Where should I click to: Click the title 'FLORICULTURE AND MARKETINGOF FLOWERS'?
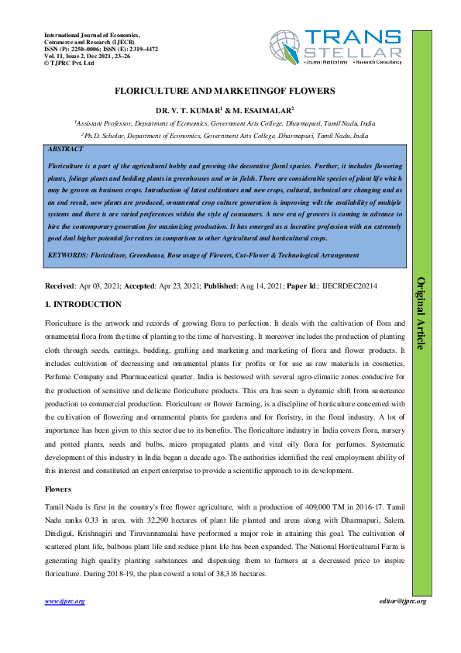click(x=225, y=91)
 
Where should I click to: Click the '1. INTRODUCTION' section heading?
click(x=83, y=305)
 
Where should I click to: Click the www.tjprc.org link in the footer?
click(x=64, y=601)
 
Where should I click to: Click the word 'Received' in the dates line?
click(x=60, y=286)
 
